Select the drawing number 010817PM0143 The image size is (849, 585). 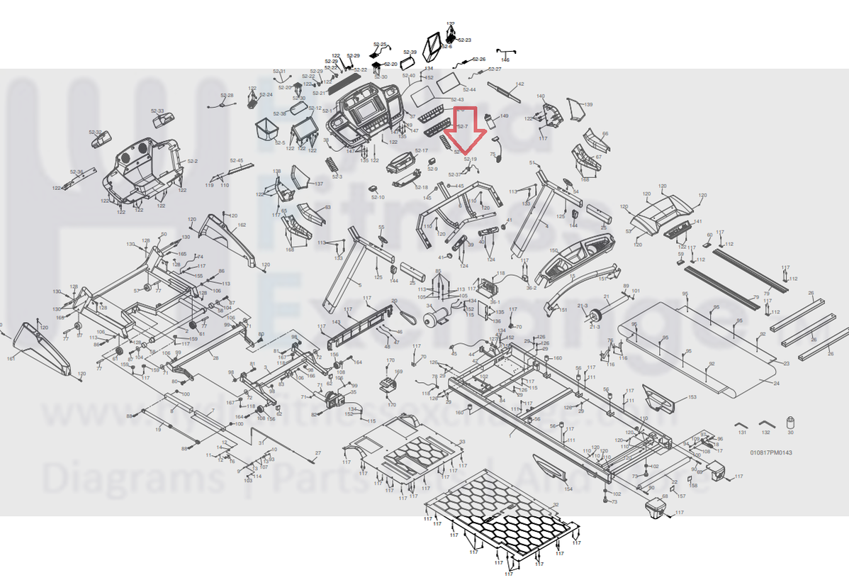coord(772,452)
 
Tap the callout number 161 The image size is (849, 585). coord(11,359)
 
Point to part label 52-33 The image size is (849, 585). coord(157,111)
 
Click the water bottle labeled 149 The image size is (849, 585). coord(489,119)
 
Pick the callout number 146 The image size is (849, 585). coord(505,60)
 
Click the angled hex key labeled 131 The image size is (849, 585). coord(741,423)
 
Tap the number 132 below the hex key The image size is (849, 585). coord(765,432)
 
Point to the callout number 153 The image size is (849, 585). coord(692,397)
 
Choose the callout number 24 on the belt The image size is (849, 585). coord(777,383)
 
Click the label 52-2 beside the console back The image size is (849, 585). coord(192,162)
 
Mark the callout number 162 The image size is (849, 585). coord(242,225)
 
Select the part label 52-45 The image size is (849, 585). coord(236,161)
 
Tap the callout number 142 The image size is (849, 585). coord(520,84)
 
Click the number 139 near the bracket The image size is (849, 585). coord(587,104)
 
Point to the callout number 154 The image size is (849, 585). coord(568,489)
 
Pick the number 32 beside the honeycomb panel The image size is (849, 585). coord(556,505)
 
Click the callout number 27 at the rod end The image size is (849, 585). coord(318,452)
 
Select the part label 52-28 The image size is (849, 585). coord(226,95)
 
